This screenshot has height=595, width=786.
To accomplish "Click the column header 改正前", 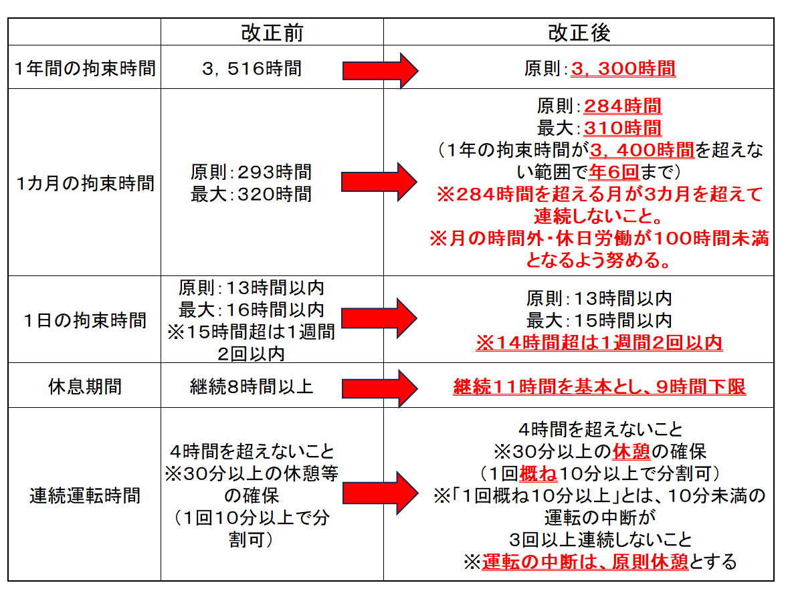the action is [x=272, y=33].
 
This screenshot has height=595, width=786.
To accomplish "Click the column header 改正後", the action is [x=579, y=33].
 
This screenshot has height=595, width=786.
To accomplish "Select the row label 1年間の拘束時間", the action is [x=85, y=68].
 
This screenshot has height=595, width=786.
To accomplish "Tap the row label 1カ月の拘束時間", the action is [x=85, y=183].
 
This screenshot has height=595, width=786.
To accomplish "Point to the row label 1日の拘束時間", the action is [x=85, y=320].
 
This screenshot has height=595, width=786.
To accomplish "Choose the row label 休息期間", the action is [x=85, y=386].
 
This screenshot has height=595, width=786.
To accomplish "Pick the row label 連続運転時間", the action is [x=85, y=495].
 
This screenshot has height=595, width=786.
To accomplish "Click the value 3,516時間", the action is [x=252, y=68].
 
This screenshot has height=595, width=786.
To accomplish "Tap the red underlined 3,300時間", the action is [x=623, y=69].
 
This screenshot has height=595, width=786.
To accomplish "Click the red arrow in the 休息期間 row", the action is [x=380, y=388].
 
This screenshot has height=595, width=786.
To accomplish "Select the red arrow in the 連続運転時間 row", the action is [x=380, y=493].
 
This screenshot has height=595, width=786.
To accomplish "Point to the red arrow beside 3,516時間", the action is [x=380, y=71].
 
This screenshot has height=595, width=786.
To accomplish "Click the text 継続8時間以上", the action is [x=252, y=386].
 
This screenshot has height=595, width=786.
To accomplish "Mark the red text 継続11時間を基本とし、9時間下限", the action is [x=599, y=386].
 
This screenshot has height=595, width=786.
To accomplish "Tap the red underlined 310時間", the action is [x=623, y=128].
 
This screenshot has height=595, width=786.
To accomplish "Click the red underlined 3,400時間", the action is [x=642, y=150].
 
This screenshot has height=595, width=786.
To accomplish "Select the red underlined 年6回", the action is [x=614, y=172].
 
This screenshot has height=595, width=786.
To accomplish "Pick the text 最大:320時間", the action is [x=251, y=194].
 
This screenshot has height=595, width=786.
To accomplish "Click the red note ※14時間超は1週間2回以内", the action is [x=599, y=342].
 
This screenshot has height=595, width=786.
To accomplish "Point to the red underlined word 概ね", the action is [x=538, y=473].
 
